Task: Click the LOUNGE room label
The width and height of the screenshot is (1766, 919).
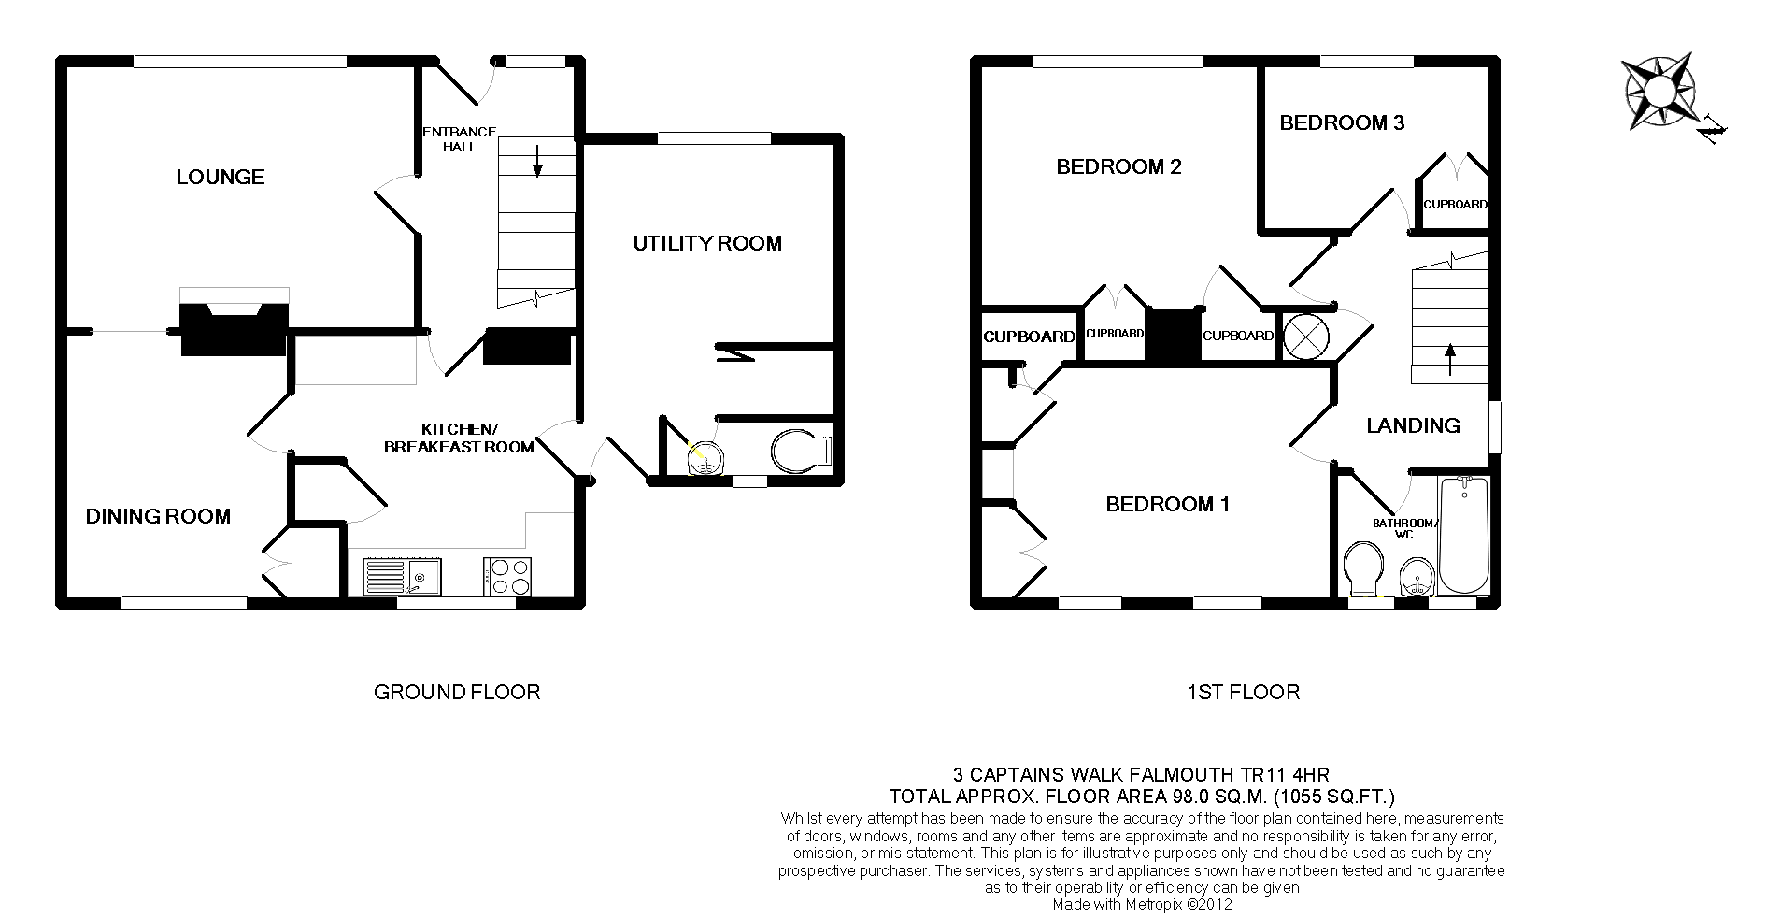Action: click(221, 177)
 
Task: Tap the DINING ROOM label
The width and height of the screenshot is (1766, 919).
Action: click(158, 516)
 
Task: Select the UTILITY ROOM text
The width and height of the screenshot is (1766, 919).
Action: click(707, 243)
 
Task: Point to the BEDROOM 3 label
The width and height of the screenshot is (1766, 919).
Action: click(1342, 122)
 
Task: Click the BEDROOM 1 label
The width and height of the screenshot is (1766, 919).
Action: click(1168, 505)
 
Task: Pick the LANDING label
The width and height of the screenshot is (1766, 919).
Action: click(1413, 425)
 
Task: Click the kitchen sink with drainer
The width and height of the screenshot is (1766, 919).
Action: click(404, 577)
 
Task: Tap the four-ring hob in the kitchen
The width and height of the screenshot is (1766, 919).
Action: click(507, 577)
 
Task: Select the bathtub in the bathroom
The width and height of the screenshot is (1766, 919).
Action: click(1463, 535)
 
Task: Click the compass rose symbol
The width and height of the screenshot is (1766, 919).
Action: click(1660, 93)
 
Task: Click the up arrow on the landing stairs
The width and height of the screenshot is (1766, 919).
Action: click(1450, 359)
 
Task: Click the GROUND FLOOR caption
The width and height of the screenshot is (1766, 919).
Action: click(457, 692)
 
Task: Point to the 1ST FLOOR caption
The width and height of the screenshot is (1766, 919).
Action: click(1243, 692)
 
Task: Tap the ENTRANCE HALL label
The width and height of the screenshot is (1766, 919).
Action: click(460, 139)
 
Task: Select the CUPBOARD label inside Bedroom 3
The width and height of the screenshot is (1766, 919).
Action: click(1455, 205)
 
